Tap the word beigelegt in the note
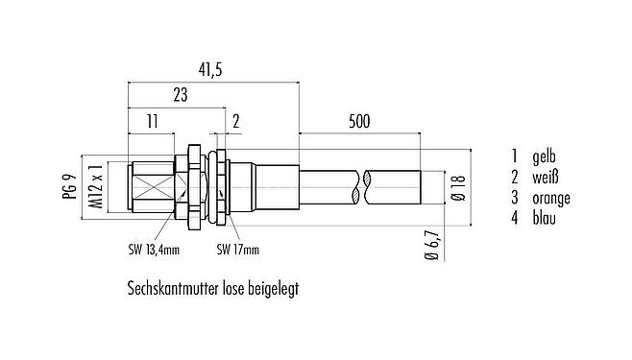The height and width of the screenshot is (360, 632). click(x=270, y=287)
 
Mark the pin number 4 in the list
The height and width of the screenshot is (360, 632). click(x=515, y=220)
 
